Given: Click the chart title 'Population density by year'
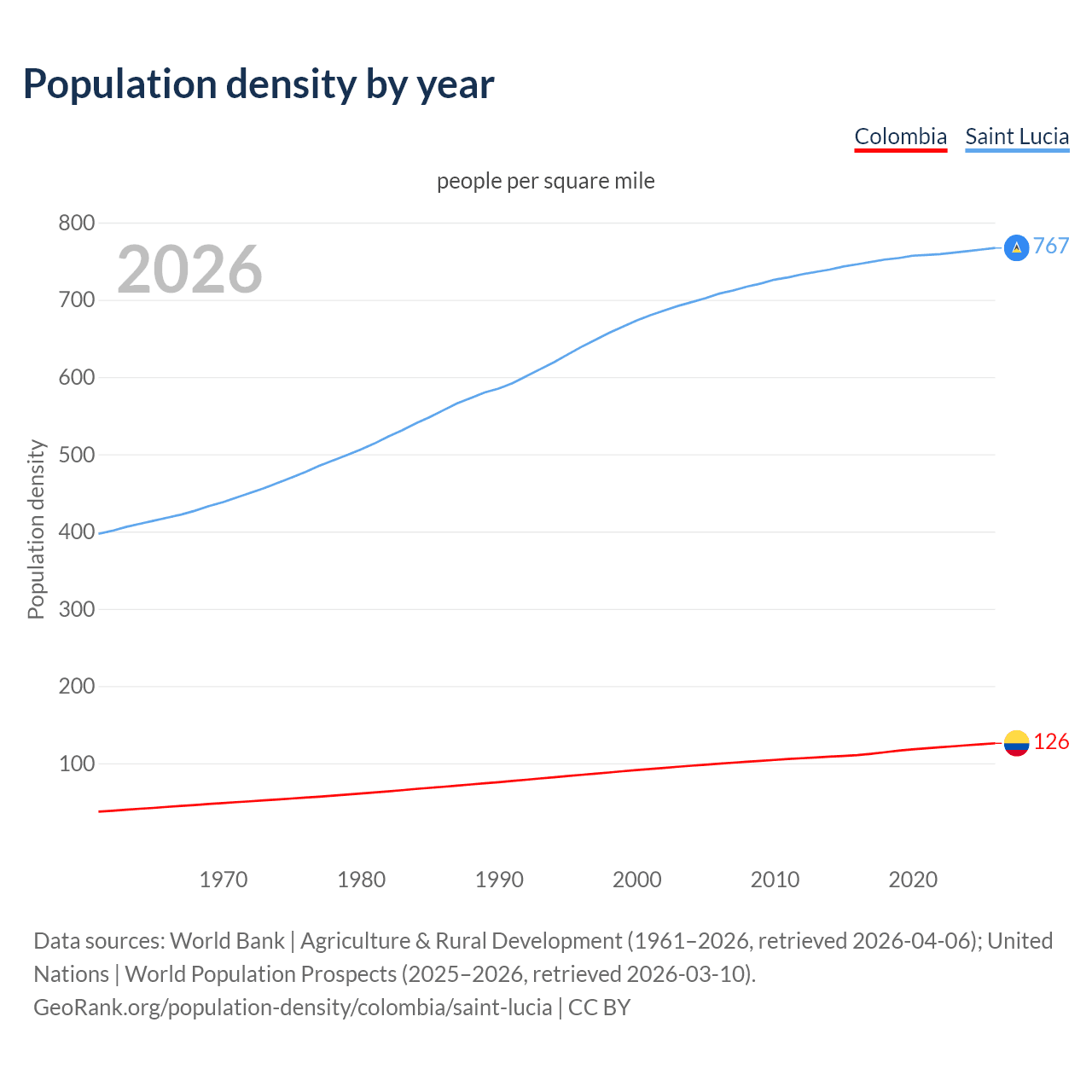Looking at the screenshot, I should coord(258,84).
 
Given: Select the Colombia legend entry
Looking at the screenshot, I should coord(900,136).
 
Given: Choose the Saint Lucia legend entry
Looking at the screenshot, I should coord(1017,136).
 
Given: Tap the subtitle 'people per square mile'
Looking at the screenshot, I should coord(545,182).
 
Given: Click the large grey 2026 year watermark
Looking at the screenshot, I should coord(189,270).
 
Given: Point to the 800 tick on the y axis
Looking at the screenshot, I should coord(76,224).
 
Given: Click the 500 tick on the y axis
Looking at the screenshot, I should coord(76,455).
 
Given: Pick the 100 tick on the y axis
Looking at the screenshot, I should coord(76,764).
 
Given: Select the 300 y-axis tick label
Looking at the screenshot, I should coord(76,609).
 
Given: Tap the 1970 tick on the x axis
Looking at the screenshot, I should coord(224,880).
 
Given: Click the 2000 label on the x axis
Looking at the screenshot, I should coord(636,880).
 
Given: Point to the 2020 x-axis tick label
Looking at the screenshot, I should coord(913,880).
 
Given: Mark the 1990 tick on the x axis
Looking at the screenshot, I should coord(499,880).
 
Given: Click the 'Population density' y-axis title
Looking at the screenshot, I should coord(36,529).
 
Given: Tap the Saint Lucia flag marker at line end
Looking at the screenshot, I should coord(1016,247).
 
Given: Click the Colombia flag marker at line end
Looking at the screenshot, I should coord(1016,743).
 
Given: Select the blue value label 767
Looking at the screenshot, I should coord(1051,247).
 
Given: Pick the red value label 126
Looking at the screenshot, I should coord(1051,742).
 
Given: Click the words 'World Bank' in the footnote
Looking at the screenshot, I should coord(227,941).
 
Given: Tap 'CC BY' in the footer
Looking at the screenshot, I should coord(599,1008).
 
